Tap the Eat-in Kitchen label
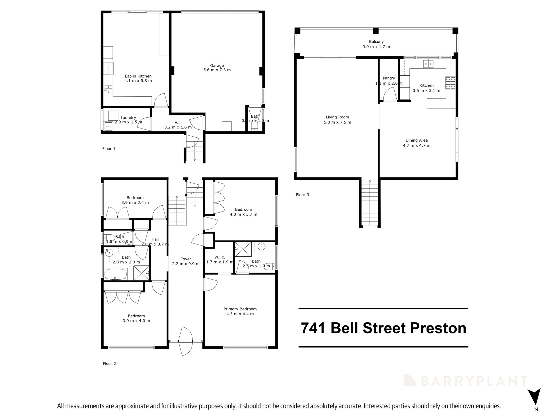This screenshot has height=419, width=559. [x=138, y=76]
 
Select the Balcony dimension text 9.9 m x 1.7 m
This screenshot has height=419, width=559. [x=376, y=47]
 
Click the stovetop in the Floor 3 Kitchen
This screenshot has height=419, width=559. [x=450, y=83]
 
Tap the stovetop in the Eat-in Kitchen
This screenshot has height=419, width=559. [x=108, y=68]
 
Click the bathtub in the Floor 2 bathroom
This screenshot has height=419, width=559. [x=115, y=274]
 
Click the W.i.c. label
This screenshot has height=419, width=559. [x=219, y=257]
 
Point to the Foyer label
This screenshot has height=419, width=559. [x=186, y=259]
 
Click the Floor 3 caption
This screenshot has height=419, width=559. [x=302, y=195]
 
